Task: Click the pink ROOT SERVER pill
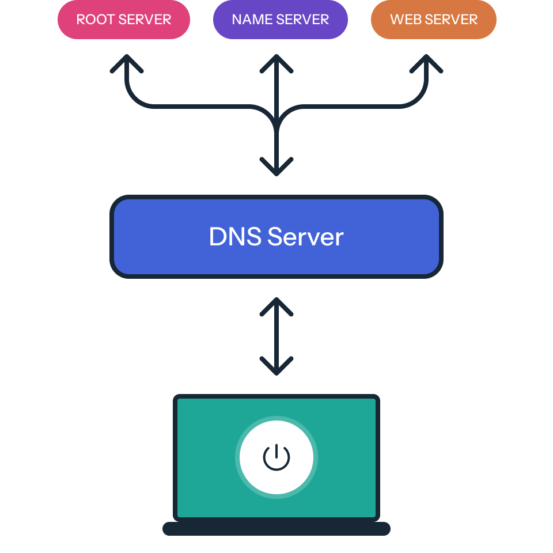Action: tap(124, 20)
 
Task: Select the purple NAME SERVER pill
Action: tap(280, 20)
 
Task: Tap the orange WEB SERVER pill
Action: tap(434, 20)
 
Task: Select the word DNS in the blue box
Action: tap(234, 237)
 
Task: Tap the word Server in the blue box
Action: tap(306, 237)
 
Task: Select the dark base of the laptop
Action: tap(276, 529)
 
